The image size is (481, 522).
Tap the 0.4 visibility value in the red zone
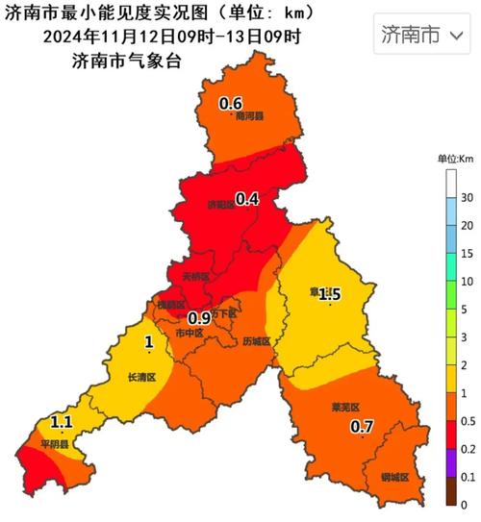(247, 200)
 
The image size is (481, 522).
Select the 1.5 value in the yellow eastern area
(329, 293)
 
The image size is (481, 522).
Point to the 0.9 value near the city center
(199, 318)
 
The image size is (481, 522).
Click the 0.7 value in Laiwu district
(362, 426)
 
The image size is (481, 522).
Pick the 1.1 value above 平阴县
(62, 422)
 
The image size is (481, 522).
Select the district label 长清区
(140, 378)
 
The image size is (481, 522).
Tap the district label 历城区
(256, 341)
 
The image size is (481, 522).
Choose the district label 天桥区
(195, 277)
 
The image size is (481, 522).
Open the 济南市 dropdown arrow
(457, 36)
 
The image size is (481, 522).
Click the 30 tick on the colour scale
(465, 198)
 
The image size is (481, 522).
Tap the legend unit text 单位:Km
(455, 159)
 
